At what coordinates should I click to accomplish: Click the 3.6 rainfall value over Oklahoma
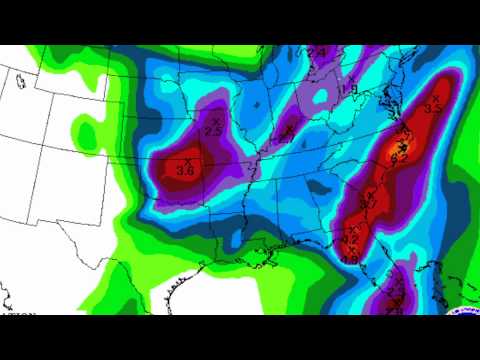pyautogui.click(x=185, y=170)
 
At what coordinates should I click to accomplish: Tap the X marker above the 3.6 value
pyautogui.click(x=186, y=159)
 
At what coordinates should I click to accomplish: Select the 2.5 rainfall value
pyautogui.click(x=213, y=131)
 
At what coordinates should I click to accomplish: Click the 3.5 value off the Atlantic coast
pyautogui.click(x=433, y=107)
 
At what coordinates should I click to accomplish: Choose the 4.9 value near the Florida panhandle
pyautogui.click(x=352, y=259)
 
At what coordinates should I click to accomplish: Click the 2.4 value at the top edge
pyautogui.click(x=318, y=51)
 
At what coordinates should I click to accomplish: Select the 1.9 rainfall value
pyautogui.click(x=353, y=90)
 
